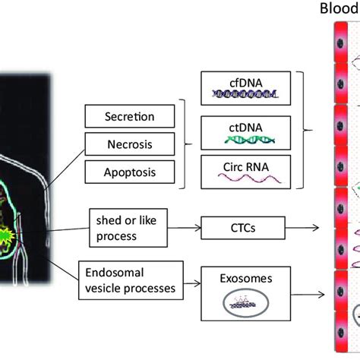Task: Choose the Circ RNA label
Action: click(243, 165)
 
